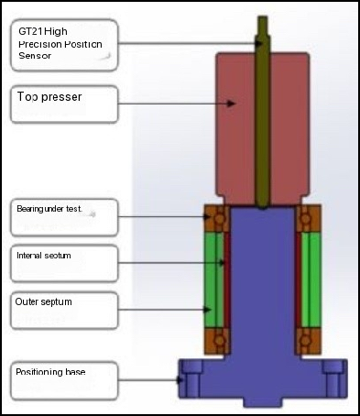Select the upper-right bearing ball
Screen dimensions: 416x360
click(305, 219)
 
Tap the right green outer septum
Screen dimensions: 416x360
click(307, 279)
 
